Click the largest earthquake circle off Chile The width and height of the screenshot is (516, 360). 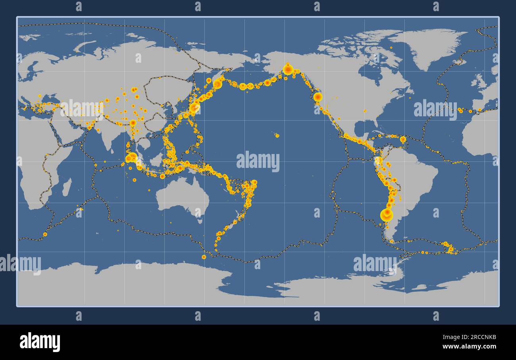[386, 215]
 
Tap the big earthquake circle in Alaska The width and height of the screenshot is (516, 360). [288, 69]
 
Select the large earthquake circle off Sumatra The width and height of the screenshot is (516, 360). [131, 158]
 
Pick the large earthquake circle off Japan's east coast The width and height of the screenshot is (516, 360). [194, 107]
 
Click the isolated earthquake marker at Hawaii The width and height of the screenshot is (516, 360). [277, 135]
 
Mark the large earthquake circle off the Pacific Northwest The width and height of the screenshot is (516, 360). [318, 97]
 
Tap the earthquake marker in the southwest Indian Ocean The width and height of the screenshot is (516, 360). [45, 234]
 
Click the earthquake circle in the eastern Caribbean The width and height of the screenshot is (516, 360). [403, 139]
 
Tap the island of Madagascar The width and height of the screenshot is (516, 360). [67, 187]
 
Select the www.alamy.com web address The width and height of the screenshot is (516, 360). [469, 346]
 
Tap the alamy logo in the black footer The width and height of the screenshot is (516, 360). [40, 342]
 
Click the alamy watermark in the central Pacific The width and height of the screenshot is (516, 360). [258, 162]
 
